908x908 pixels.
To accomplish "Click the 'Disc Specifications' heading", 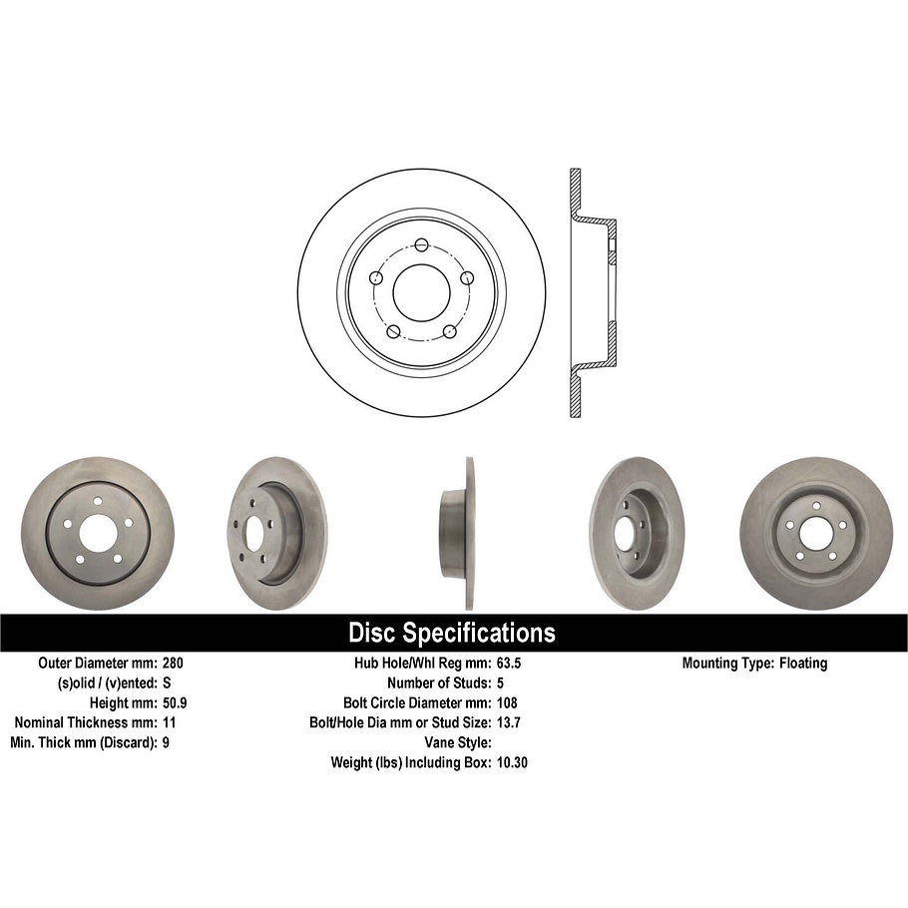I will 452,633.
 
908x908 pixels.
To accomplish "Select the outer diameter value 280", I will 173,663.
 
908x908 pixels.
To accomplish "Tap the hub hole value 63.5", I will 510,663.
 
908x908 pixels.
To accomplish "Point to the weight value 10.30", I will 513,762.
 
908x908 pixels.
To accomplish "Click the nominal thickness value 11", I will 169,722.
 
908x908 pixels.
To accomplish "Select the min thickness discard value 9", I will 165,742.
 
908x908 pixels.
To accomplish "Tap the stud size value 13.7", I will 510,722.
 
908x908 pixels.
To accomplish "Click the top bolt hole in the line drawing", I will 421,245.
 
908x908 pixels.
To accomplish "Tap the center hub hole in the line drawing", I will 422,292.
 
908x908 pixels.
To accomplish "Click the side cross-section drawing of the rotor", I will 589,292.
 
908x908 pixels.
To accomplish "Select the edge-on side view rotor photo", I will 458,533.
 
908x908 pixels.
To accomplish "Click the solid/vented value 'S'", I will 166,682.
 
